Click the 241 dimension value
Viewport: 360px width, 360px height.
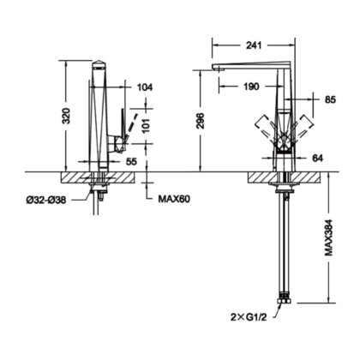(254, 45)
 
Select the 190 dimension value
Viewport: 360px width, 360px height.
(251, 87)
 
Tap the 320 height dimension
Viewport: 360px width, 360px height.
(66, 116)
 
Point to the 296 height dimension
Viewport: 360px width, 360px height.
(201, 121)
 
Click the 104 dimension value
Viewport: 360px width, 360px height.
(145, 87)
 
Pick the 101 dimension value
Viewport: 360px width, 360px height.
(147, 125)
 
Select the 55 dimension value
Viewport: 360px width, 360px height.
(131, 162)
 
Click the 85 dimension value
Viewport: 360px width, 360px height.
(330, 99)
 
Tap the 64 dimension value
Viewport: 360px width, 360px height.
(317, 158)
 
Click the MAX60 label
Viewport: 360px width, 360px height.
(174, 199)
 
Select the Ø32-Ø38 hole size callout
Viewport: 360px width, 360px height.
(46, 201)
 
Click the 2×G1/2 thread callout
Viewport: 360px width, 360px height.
(249, 317)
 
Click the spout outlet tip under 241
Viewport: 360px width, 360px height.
(217, 67)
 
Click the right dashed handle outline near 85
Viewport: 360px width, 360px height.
(303, 127)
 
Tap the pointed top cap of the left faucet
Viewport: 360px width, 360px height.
(99, 63)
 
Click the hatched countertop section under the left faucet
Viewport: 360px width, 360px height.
(98, 177)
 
